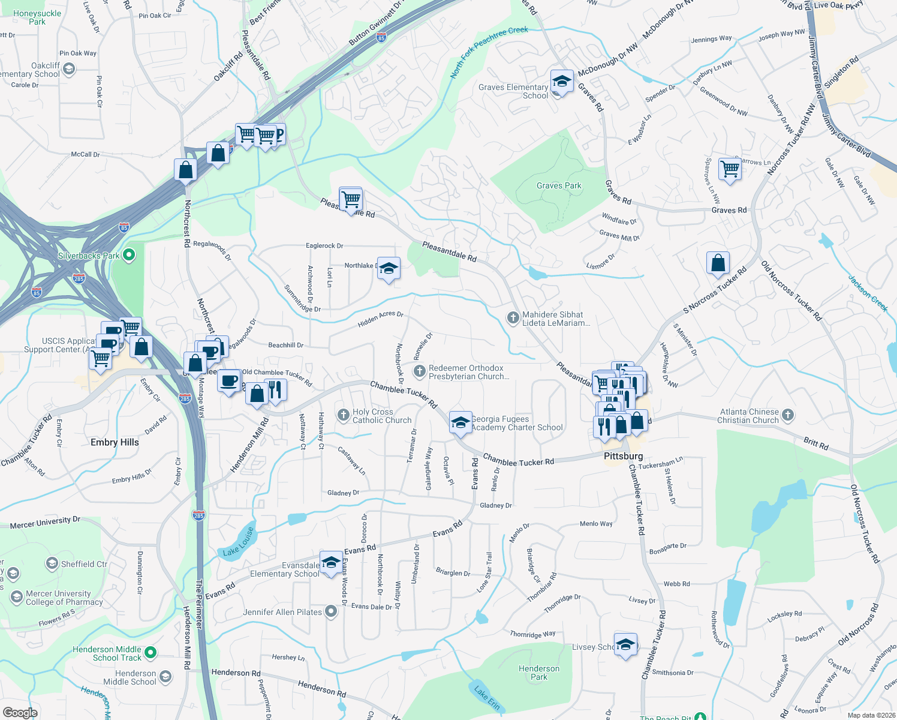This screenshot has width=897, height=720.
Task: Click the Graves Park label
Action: point(559,186)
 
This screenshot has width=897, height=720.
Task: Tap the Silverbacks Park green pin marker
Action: point(128,256)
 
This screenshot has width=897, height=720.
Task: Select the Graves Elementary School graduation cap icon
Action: point(561,81)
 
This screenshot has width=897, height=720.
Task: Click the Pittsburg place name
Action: point(623,457)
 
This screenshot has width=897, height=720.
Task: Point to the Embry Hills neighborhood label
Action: point(115,443)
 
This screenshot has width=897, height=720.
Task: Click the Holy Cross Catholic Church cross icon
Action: point(344,414)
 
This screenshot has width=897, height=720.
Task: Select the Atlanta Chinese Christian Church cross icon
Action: point(788,415)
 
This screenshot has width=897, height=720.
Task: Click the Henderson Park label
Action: point(539,673)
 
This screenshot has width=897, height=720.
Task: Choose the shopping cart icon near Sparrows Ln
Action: point(730,169)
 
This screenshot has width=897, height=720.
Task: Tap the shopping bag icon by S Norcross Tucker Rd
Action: point(718,263)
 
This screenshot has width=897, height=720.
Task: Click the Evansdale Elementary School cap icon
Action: point(330,562)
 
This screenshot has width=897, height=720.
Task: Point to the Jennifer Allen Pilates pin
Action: point(331,612)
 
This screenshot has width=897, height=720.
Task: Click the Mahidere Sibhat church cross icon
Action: point(513,317)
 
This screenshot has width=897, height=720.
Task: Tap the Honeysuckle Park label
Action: point(37,17)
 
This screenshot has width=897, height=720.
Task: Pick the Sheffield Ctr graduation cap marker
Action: point(52,564)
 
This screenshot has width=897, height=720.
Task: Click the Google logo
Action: point(20,713)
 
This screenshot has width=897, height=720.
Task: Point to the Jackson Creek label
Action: point(868,293)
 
